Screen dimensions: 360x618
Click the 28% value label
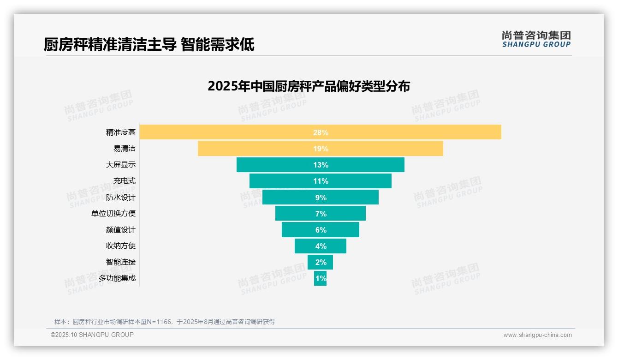(321, 132)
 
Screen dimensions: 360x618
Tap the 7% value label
(321, 214)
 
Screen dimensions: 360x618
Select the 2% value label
(321, 262)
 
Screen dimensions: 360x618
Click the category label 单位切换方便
(113, 214)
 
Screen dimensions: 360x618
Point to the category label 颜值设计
(121, 230)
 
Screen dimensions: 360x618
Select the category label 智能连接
(121, 262)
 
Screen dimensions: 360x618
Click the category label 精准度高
(121, 132)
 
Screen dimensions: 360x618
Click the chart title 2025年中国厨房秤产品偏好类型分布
(309, 86)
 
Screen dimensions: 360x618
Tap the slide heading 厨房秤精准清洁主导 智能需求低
(149, 45)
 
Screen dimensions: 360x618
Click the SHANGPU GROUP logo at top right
(536, 39)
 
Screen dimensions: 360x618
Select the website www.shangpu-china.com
(537, 335)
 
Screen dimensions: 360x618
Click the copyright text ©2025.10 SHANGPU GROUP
(92, 335)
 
